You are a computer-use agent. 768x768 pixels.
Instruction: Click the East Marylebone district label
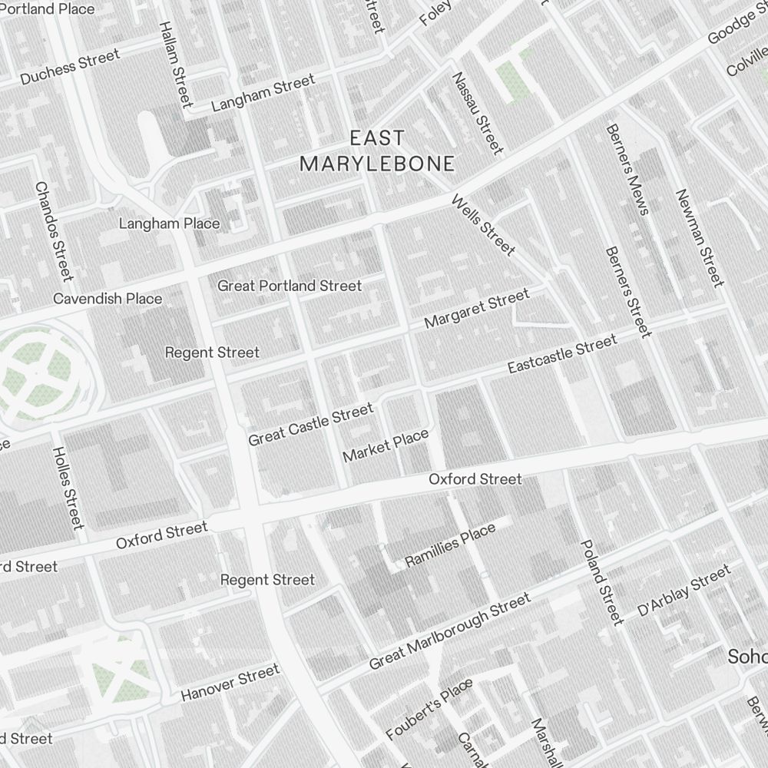(376, 151)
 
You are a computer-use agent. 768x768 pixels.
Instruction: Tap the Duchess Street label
(70, 68)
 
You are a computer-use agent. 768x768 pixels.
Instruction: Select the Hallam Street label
(174, 63)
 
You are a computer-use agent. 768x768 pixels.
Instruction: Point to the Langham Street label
(263, 93)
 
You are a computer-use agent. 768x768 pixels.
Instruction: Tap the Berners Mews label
(627, 170)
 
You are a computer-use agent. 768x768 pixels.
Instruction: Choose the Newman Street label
(700, 237)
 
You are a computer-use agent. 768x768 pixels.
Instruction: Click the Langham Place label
(169, 223)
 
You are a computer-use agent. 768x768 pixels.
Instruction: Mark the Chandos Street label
(54, 230)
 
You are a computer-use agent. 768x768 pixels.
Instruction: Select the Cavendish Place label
(108, 298)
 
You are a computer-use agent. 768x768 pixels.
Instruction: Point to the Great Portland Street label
(290, 286)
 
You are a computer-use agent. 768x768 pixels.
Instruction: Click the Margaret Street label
(476, 308)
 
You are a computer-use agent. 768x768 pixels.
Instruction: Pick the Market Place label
(386, 446)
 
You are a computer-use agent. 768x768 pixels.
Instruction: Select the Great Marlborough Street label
(449, 630)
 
